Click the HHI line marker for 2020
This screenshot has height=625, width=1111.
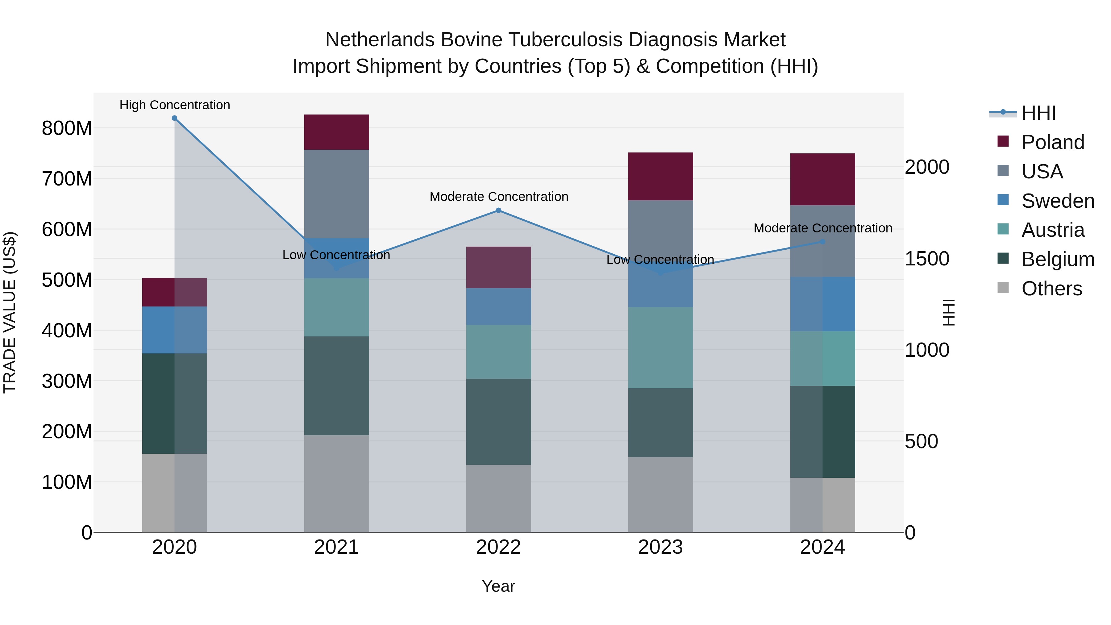click(175, 118)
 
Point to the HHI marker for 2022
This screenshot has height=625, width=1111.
click(499, 210)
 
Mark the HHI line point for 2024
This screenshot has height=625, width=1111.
click(822, 242)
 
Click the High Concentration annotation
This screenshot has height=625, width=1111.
click(175, 105)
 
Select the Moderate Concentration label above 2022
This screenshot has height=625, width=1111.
click(499, 197)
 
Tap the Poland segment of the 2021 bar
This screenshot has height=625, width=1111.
click(336, 132)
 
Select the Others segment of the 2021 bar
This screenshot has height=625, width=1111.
click(336, 483)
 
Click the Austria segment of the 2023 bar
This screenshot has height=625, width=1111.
click(660, 347)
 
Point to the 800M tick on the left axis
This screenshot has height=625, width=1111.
click(67, 128)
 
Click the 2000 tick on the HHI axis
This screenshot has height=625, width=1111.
click(927, 167)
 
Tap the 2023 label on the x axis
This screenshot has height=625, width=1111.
click(660, 547)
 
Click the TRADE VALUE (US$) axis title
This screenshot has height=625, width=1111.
click(10, 312)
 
